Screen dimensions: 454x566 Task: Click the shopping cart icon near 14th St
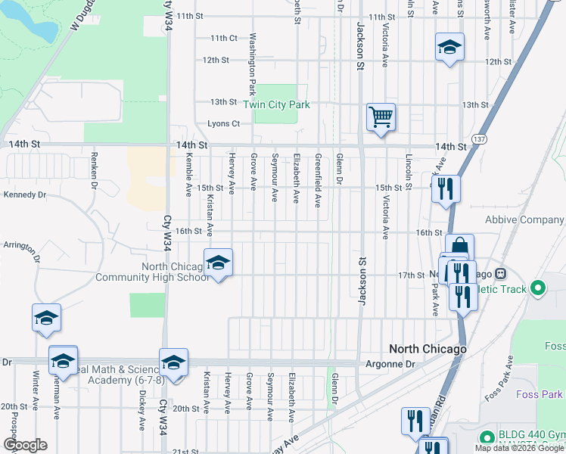tap(381, 117)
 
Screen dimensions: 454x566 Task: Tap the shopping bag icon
tap(459, 247)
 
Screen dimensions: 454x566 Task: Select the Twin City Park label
tap(276, 105)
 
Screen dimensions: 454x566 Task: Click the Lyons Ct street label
tap(223, 124)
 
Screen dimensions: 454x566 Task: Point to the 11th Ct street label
tap(224, 38)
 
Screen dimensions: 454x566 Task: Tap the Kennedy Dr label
tap(25, 194)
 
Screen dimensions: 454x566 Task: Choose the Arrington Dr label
tap(20, 245)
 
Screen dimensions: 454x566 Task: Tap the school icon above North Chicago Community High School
tap(218, 263)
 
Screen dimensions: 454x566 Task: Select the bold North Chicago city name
tap(428, 349)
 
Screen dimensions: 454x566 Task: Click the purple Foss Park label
tap(538, 394)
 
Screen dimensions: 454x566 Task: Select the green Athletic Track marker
tap(538, 288)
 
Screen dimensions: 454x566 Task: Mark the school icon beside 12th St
tap(449, 48)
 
